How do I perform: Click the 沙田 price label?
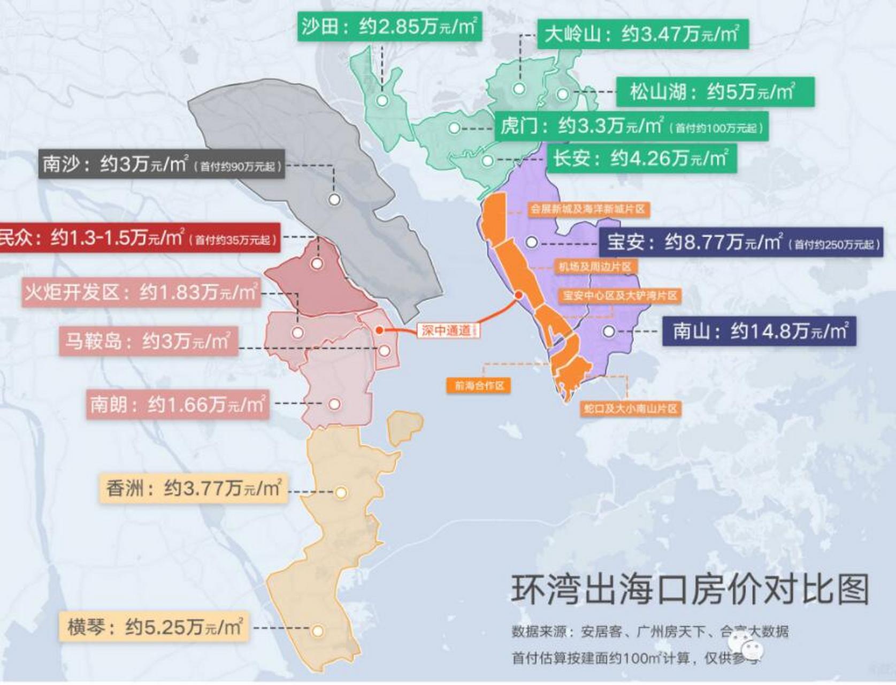pyautogui.click(x=389, y=26)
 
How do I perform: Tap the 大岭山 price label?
pyautogui.click(x=642, y=34)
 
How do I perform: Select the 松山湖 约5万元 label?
pyautogui.click(x=715, y=92)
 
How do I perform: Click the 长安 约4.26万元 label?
pyautogui.click(x=641, y=158)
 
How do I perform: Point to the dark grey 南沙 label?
pyautogui.click(x=161, y=164)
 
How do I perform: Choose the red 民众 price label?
pyautogui.click(x=138, y=238)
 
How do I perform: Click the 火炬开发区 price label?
pyautogui.click(x=141, y=292)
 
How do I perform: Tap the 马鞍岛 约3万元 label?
pyautogui.click(x=148, y=341)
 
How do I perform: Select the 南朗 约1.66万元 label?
pyautogui.click(x=177, y=404)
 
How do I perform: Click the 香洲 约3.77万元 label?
pyautogui.click(x=193, y=488)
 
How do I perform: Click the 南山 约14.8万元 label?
pyautogui.click(x=759, y=331)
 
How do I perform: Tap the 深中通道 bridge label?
pyautogui.click(x=448, y=330)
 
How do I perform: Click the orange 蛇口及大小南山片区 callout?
pyautogui.click(x=630, y=409)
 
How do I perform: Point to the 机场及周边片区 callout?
pyautogui.click(x=594, y=267)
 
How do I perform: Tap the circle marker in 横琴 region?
pyautogui.click(x=318, y=631)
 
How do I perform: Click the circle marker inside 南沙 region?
pyautogui.click(x=334, y=200)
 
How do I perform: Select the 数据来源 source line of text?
pyautogui.click(x=649, y=631)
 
